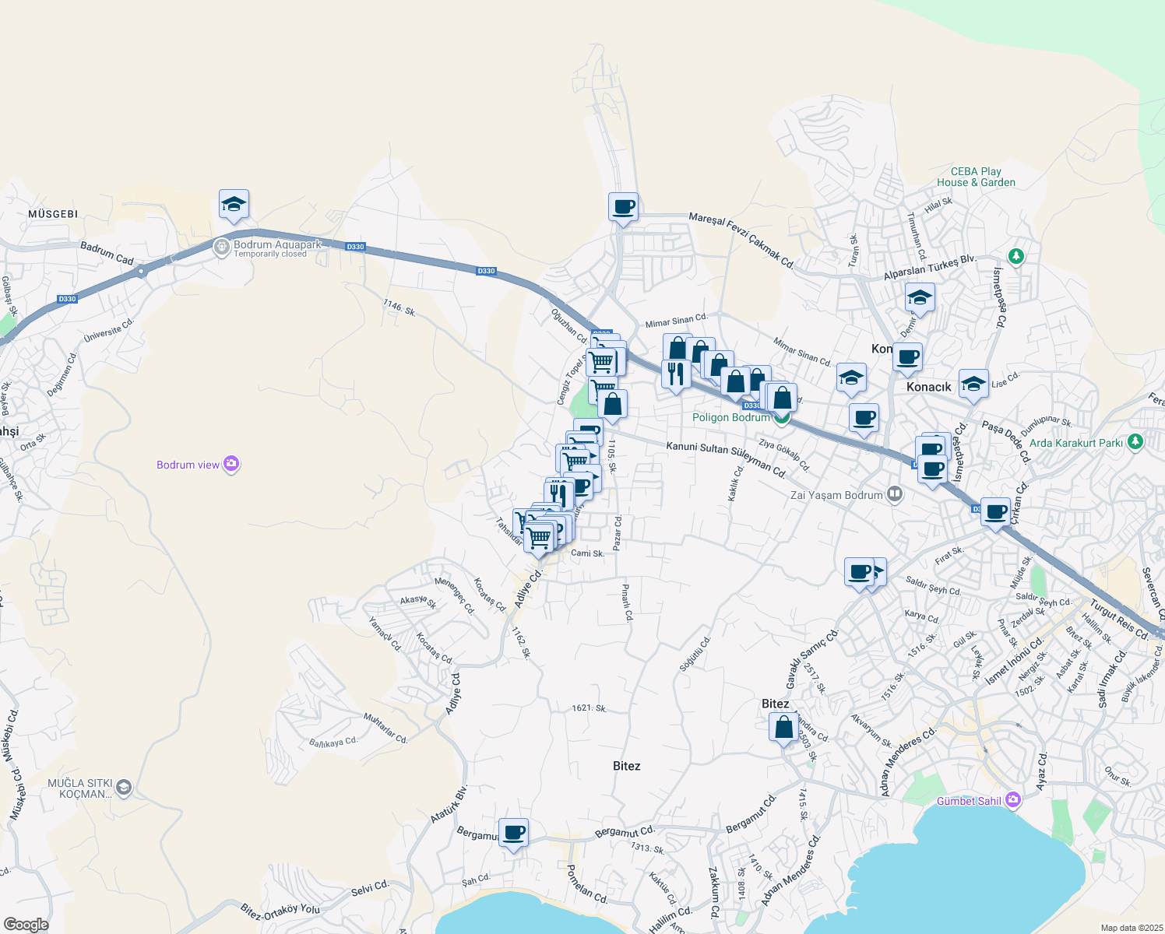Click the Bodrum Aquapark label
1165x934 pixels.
click(x=277, y=245)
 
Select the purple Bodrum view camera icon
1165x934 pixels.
click(x=231, y=465)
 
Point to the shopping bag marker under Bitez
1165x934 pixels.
click(x=784, y=728)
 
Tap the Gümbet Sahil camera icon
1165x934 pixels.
click(x=1012, y=800)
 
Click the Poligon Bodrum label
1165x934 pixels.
click(x=731, y=418)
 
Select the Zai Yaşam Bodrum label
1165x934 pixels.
click(x=836, y=495)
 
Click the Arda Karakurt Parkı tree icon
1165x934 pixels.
click(x=1135, y=442)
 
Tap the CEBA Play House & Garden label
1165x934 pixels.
click(x=976, y=177)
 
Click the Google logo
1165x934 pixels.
click(x=26, y=925)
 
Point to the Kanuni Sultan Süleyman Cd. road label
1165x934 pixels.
click(x=726, y=458)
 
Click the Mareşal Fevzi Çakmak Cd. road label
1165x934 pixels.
click(x=741, y=241)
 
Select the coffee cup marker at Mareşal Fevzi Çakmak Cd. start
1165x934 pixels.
click(x=623, y=208)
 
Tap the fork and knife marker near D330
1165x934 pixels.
click(x=676, y=374)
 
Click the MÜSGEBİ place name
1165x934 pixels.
click(x=53, y=214)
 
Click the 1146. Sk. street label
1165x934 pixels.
click(x=399, y=308)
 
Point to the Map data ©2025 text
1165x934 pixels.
click(x=1132, y=928)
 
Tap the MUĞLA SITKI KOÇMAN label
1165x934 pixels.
click(x=80, y=788)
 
